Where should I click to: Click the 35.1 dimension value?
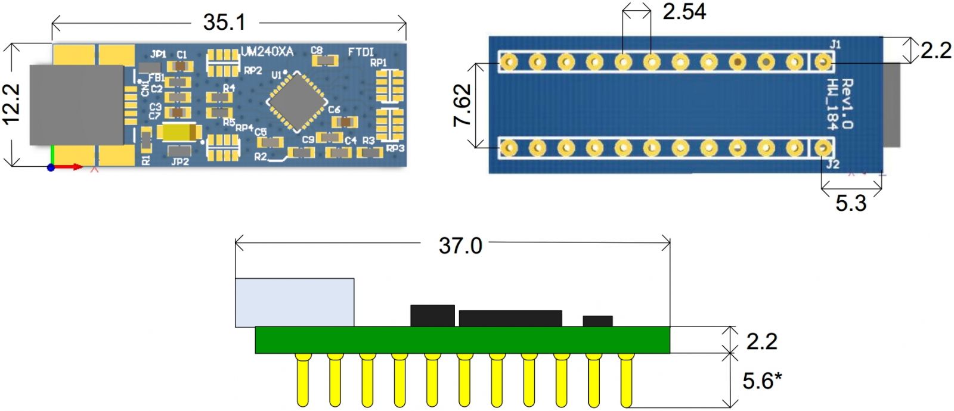[x=224, y=23]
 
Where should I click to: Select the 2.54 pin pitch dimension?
[x=684, y=11]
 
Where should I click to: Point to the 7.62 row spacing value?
[x=463, y=105]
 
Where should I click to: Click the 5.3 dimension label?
[x=850, y=204]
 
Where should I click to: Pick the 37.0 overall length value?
[x=460, y=245]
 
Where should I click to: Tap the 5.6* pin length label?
[x=761, y=381]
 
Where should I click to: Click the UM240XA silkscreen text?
[x=267, y=52]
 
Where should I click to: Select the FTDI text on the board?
[x=361, y=52]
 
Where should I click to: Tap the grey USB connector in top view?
[x=76, y=105]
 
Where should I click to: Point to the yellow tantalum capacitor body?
[x=178, y=132]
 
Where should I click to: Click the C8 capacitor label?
[x=317, y=51]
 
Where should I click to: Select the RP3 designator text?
[x=395, y=148]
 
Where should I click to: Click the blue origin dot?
[x=51, y=167]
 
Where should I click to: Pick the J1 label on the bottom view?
[x=835, y=44]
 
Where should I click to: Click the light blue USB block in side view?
[x=295, y=302]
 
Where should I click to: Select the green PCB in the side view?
[x=462, y=340]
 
